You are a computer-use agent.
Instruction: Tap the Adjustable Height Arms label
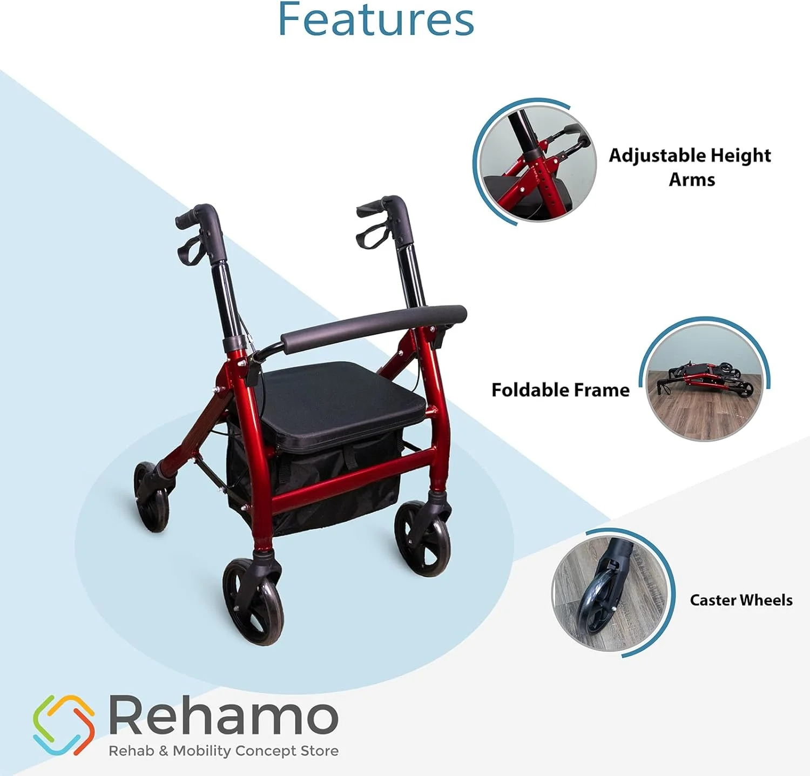(x=690, y=167)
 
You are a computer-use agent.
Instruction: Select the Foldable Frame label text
(x=560, y=390)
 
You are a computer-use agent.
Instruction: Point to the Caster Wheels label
(x=741, y=600)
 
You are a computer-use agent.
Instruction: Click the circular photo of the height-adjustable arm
(x=538, y=163)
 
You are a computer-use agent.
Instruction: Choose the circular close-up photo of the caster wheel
(x=610, y=593)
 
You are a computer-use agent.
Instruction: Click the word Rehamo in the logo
(x=224, y=716)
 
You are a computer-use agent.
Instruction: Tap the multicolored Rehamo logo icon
(x=64, y=725)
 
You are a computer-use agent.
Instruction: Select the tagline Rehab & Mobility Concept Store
(x=224, y=751)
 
